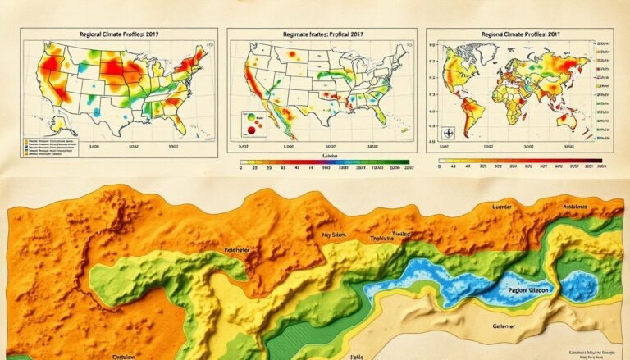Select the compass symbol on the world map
449,133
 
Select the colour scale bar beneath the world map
520,161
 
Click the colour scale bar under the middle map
324,163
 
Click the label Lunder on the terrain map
492,207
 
